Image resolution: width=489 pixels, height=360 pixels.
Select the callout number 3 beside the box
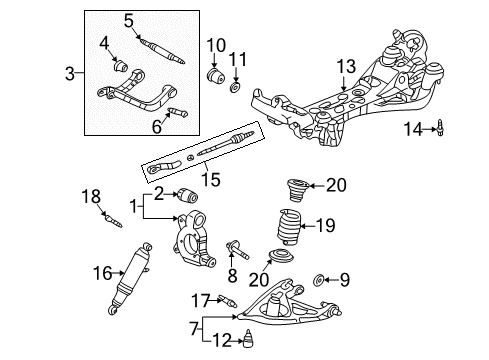coord(69,73)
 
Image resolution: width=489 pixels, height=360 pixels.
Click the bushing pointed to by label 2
coord(188,196)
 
